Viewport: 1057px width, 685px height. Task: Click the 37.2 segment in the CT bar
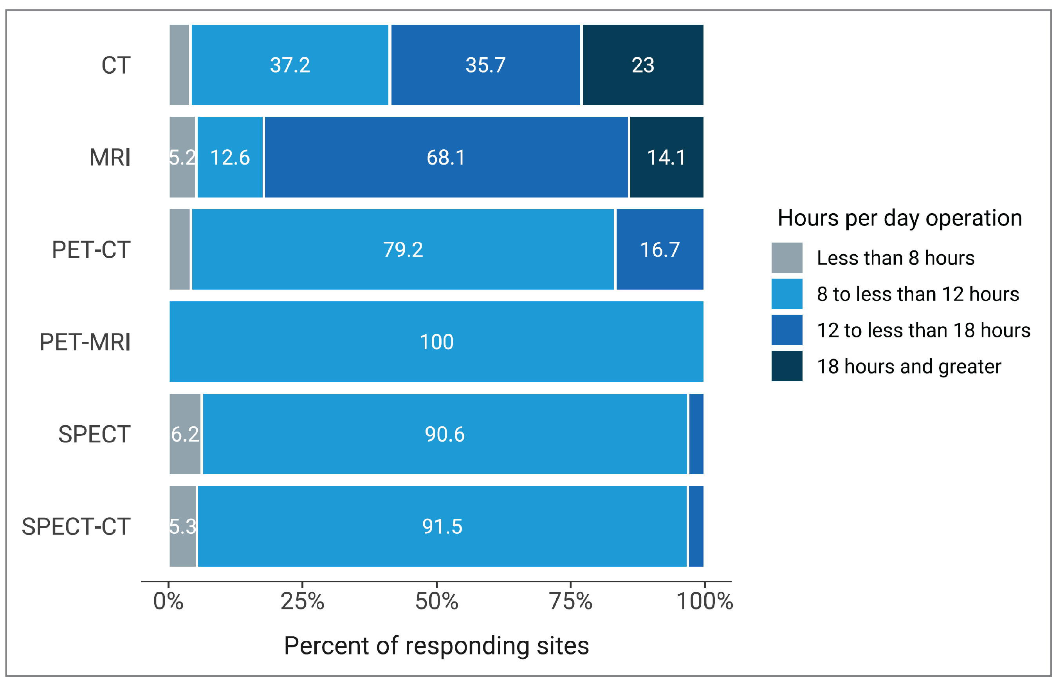(290, 65)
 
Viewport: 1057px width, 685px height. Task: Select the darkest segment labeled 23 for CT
(643, 65)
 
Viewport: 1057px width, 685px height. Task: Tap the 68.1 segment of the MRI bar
(446, 158)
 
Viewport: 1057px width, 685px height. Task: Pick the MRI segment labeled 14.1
(666, 158)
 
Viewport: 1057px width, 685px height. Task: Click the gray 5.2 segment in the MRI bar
(182, 158)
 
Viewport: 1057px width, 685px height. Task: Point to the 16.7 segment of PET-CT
(660, 249)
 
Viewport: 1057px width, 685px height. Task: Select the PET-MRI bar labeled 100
(436, 342)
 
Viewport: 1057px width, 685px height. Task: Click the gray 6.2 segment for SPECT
(185, 434)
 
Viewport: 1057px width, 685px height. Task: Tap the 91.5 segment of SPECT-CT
(442, 526)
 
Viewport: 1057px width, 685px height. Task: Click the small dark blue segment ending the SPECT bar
(696, 434)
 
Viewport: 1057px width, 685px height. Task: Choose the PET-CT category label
(91, 250)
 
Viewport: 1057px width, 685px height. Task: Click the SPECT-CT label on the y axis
(76, 527)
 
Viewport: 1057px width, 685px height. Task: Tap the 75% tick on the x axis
(571, 602)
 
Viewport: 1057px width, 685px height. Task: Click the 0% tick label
(168, 602)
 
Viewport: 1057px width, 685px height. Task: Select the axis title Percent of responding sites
(436, 646)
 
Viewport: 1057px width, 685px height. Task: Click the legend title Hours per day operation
(900, 218)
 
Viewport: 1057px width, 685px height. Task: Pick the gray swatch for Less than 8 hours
(786, 258)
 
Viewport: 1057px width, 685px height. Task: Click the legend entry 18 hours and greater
(909, 367)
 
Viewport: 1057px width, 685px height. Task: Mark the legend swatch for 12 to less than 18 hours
(786, 330)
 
